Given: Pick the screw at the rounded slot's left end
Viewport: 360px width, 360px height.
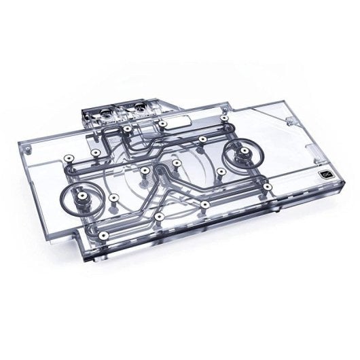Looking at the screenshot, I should (x=164, y=124).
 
